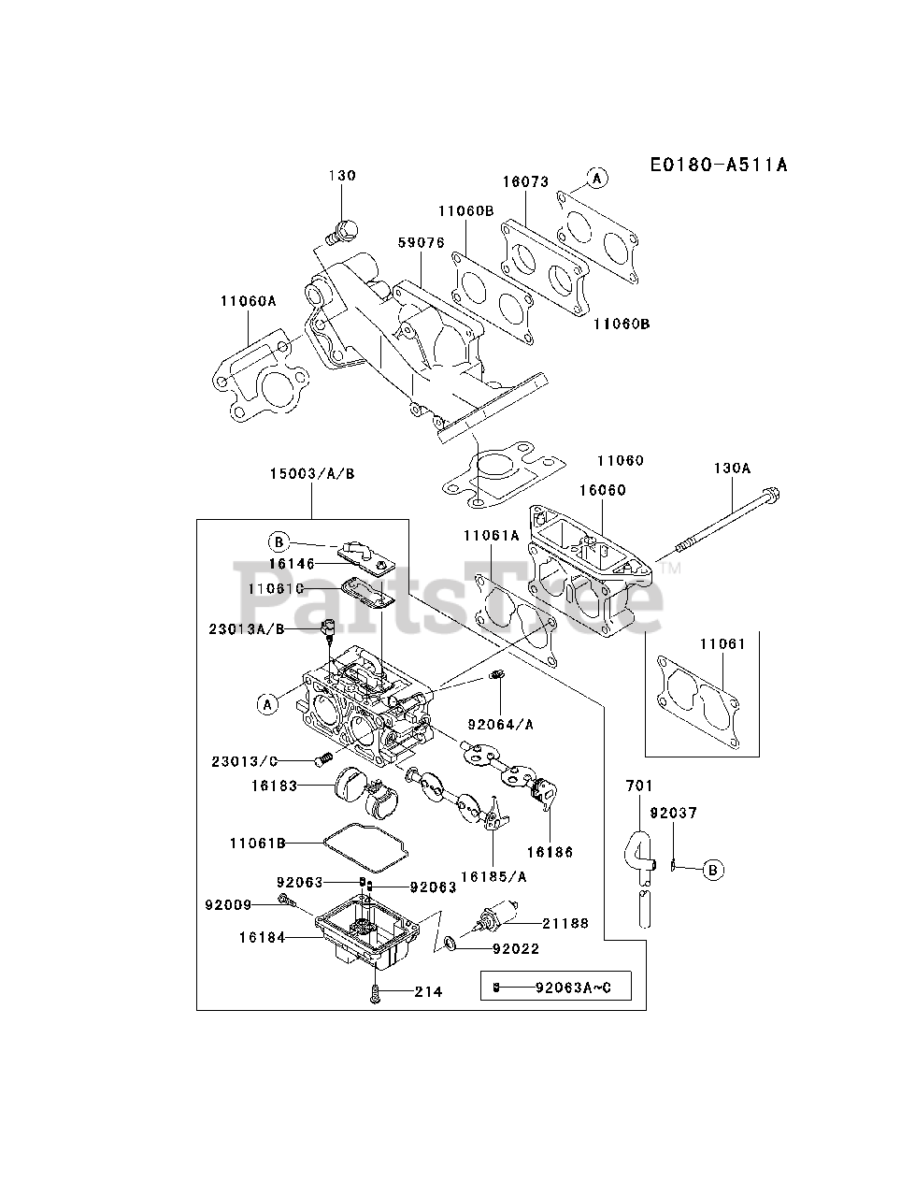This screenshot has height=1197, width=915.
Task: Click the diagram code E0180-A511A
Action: pyautogui.click(x=719, y=166)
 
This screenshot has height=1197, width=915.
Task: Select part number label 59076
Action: pyautogui.click(x=421, y=242)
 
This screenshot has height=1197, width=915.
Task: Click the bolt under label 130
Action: pyautogui.click(x=343, y=228)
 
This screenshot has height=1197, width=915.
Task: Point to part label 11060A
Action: pyautogui.click(x=249, y=300)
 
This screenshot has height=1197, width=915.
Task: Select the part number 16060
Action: pyautogui.click(x=601, y=490)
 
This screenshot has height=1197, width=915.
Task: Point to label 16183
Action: pyautogui.click(x=274, y=786)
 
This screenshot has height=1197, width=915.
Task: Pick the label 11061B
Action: pyautogui.click(x=257, y=843)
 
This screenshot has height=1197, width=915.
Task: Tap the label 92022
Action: pyautogui.click(x=515, y=948)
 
